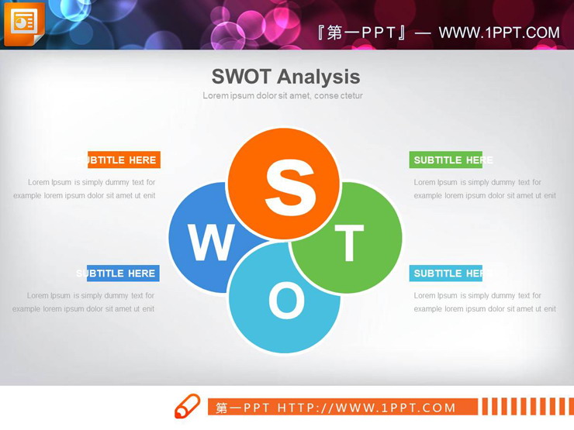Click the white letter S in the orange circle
290,188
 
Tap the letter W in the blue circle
210,243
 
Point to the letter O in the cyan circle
286,301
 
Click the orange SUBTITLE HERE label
124,160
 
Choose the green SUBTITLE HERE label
446,160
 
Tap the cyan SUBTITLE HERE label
446,273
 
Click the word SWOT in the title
241,76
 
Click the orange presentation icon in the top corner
23,22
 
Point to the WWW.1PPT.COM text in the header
499,33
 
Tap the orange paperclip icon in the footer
187,406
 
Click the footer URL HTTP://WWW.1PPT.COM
367,408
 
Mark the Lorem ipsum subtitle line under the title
282,96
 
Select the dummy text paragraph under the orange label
84,189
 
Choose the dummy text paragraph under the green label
485,189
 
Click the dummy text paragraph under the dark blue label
83,302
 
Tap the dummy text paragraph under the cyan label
485,302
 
